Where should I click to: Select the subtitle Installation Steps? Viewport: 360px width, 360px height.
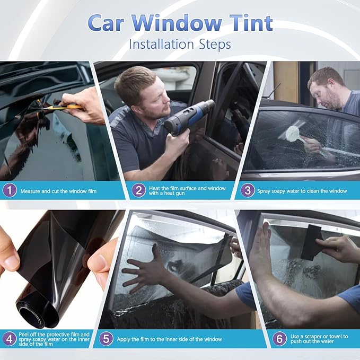[x=180, y=44]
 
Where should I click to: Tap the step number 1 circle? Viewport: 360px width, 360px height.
[x=9, y=190]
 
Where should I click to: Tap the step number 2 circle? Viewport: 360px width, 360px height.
[x=138, y=190]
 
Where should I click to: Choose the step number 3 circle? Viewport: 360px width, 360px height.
[x=248, y=190]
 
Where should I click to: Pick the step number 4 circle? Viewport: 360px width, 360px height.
[x=9, y=338]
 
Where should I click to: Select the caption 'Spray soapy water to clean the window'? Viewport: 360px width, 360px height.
[x=301, y=190]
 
